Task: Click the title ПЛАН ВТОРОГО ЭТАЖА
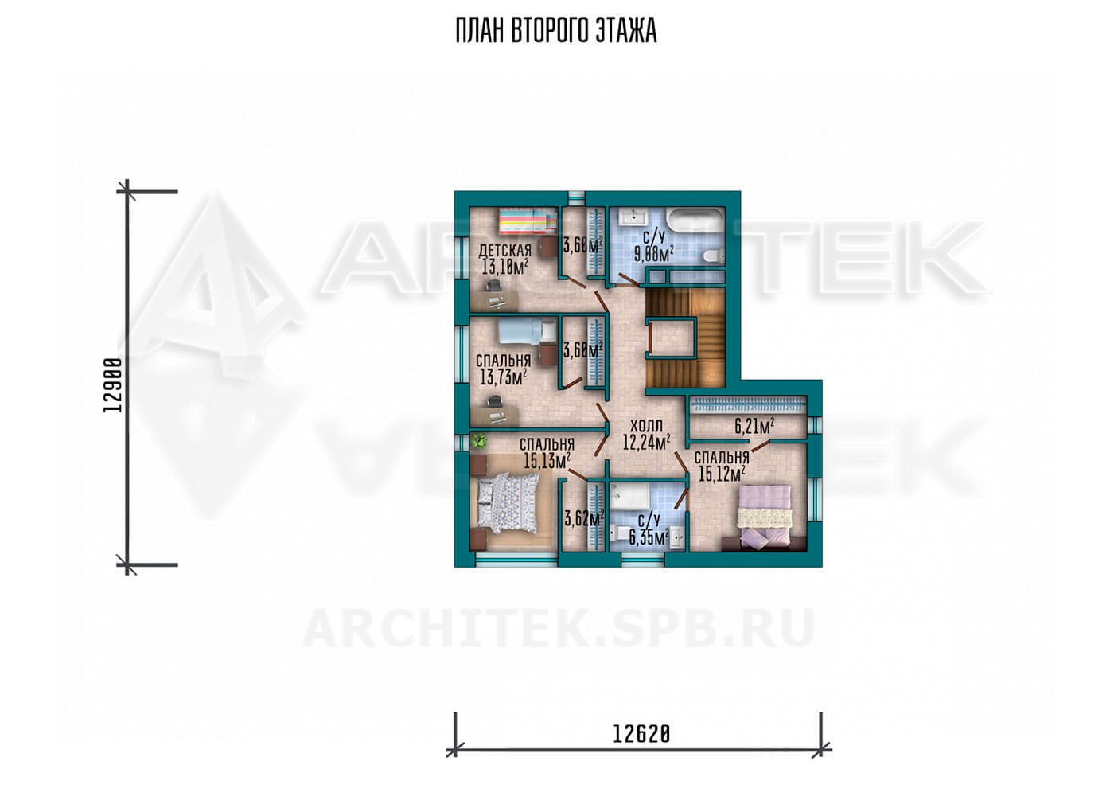click(x=556, y=31)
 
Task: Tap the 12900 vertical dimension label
click(x=113, y=384)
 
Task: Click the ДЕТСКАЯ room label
click(x=504, y=251)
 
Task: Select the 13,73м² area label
click(x=503, y=377)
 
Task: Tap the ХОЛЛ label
click(x=646, y=427)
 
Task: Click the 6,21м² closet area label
click(x=754, y=426)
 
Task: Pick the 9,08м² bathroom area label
click(x=653, y=254)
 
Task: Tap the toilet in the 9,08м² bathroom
click(x=714, y=256)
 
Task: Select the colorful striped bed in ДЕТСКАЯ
click(x=527, y=222)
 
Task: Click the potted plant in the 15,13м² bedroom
click(x=479, y=441)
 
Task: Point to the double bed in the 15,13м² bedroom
click(x=508, y=505)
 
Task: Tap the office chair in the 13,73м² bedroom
click(x=494, y=402)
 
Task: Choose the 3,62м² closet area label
click(x=584, y=519)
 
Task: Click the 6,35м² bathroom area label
click(x=649, y=537)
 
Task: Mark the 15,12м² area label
click(x=722, y=474)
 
